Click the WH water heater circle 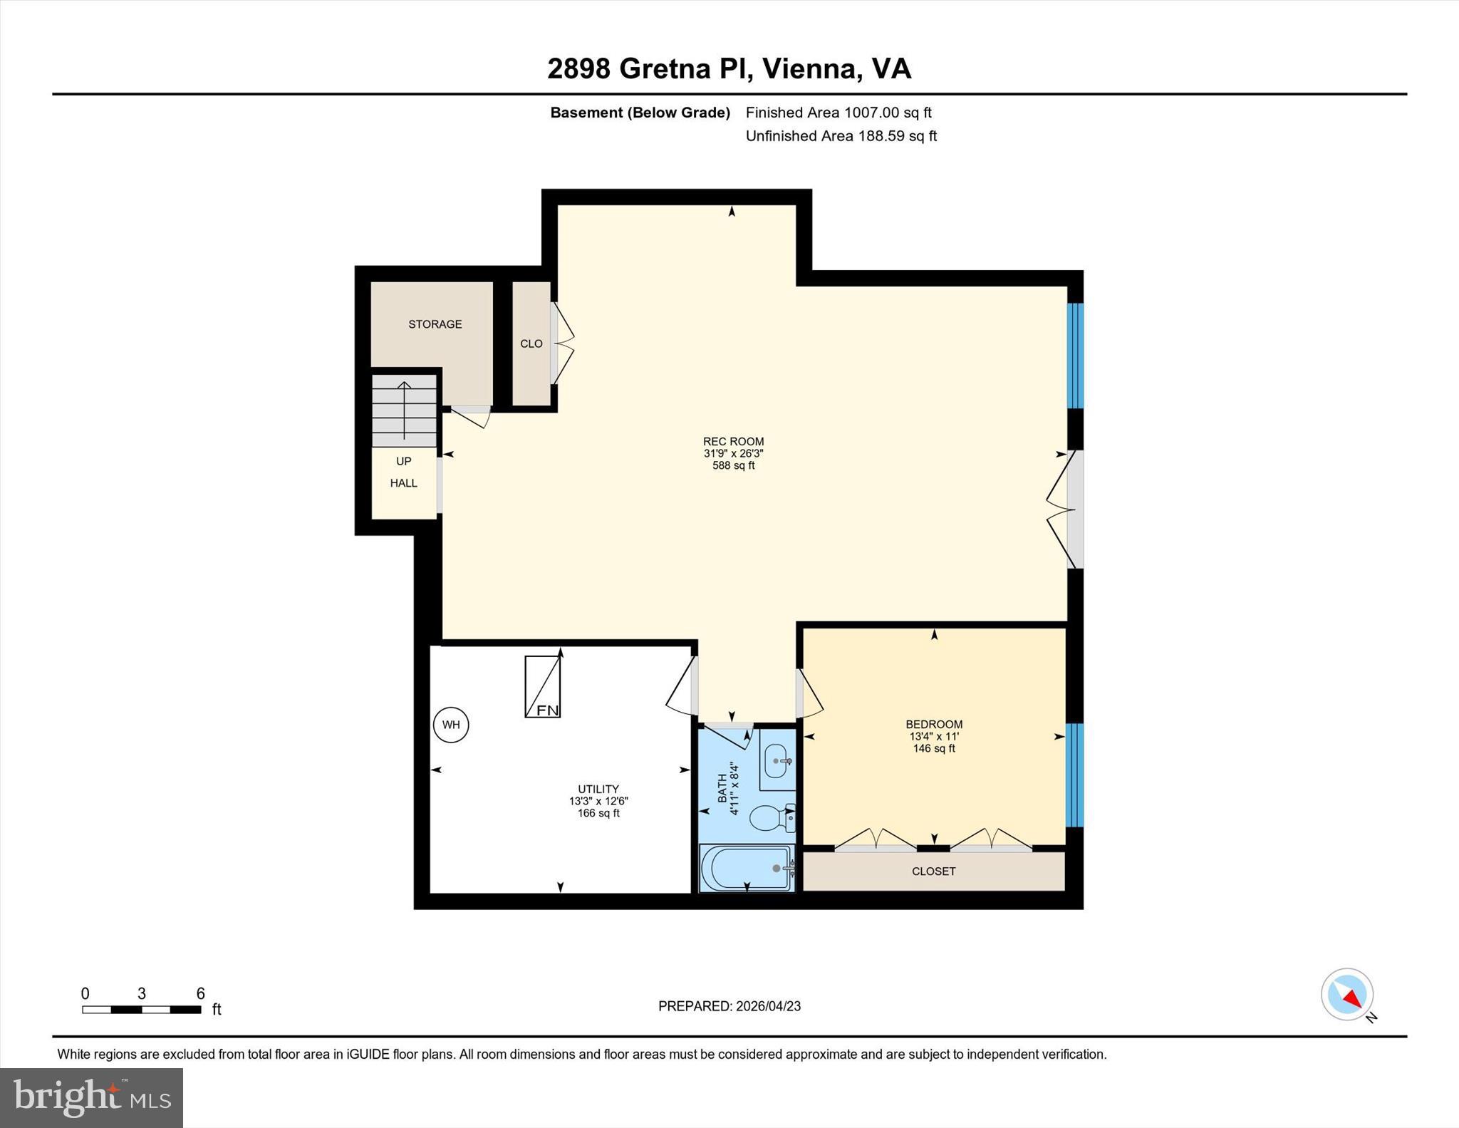[x=451, y=725]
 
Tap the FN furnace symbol [x=543, y=686]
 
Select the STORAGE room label [x=435, y=324]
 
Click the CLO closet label [x=531, y=343]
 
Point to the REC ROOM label [x=733, y=442]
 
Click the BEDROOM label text [x=934, y=724]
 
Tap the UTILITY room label [x=598, y=789]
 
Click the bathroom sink [x=777, y=762]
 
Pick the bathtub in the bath [x=747, y=868]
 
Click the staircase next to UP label [x=404, y=410]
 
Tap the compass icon [x=1347, y=994]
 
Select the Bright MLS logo [x=91, y=1097]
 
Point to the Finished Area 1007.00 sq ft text [x=838, y=113]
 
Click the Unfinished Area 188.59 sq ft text [x=841, y=136]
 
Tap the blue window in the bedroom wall [x=1074, y=775]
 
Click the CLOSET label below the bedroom [x=933, y=871]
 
